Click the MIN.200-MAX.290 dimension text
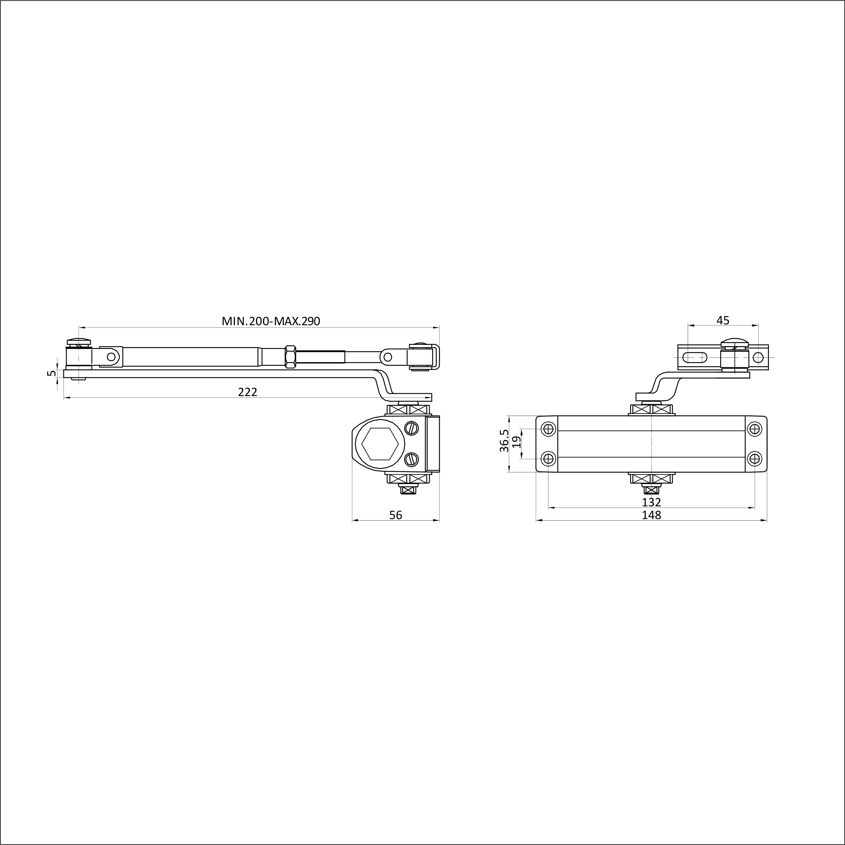(271, 321)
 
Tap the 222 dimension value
(248, 392)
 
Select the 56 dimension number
(396, 515)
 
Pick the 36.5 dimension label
(504, 440)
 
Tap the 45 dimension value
(723, 321)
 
